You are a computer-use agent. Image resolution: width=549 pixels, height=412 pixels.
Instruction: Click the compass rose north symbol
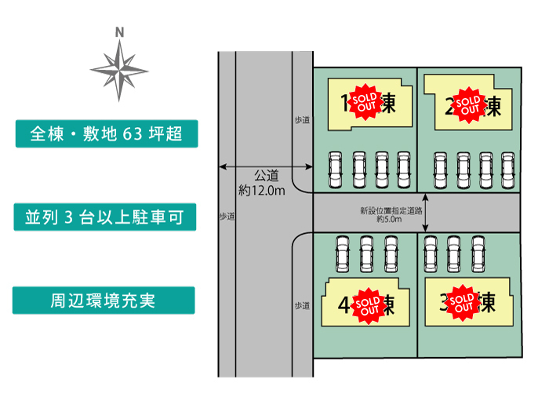click(x=119, y=69)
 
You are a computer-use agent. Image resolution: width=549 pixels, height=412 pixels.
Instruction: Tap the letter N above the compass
click(x=119, y=33)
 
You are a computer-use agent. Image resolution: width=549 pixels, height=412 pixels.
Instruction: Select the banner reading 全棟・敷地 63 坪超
click(x=107, y=134)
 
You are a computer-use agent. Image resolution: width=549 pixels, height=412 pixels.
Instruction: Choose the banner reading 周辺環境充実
click(x=104, y=301)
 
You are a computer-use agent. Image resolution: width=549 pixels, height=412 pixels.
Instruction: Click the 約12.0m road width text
click(x=262, y=190)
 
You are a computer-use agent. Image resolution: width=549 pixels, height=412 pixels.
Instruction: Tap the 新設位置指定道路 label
click(x=391, y=210)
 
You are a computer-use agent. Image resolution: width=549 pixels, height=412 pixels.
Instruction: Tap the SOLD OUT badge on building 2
click(x=468, y=105)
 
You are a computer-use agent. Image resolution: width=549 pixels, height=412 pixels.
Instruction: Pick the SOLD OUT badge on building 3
click(x=463, y=302)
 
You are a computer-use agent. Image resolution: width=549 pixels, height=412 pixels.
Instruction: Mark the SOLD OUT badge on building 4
click(x=368, y=305)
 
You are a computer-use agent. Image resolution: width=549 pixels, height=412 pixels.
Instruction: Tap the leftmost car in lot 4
click(x=343, y=253)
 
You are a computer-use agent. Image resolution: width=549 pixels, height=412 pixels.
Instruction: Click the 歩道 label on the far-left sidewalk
click(x=227, y=215)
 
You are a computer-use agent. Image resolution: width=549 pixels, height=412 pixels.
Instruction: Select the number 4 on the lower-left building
click(x=344, y=304)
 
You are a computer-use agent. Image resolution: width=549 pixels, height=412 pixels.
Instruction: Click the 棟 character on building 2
click(x=493, y=106)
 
